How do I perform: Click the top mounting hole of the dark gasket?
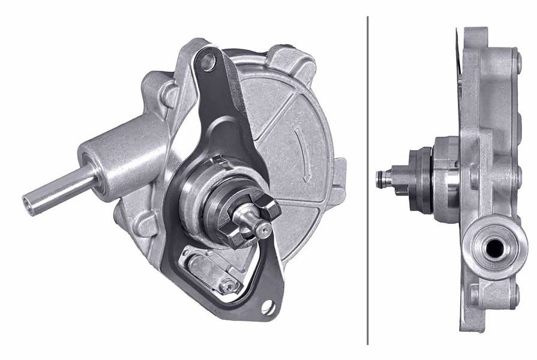[208, 61]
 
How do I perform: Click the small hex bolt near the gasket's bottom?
[229, 286]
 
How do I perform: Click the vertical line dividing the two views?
[368, 180]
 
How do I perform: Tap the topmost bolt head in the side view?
[515, 60]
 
